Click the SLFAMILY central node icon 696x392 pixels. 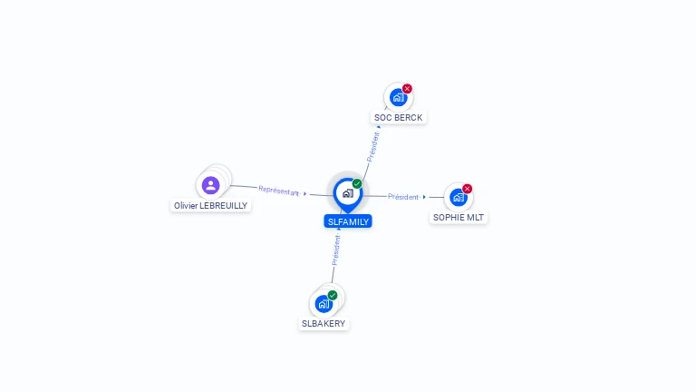(347, 193)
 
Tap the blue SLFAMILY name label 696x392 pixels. (348, 221)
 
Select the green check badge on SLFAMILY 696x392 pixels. (357, 184)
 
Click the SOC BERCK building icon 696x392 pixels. (397, 97)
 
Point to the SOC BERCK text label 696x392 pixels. (399, 118)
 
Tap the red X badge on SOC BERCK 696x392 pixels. (407, 89)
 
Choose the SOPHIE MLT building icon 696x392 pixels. (458, 197)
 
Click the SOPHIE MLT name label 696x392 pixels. (459, 218)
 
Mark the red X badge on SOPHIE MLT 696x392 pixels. (468, 189)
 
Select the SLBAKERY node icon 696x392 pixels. (324, 303)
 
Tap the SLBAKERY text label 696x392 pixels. (324, 324)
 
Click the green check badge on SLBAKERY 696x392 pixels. (333, 295)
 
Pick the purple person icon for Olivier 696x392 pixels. (211, 185)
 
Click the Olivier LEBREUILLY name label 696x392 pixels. (211, 206)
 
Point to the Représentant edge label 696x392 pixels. (278, 191)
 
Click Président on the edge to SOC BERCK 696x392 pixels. (372, 147)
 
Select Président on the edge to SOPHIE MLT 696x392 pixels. (403, 197)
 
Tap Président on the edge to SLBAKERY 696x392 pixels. (335, 250)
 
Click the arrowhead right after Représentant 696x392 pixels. (305, 193)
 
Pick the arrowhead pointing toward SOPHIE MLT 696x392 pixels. (424, 197)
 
